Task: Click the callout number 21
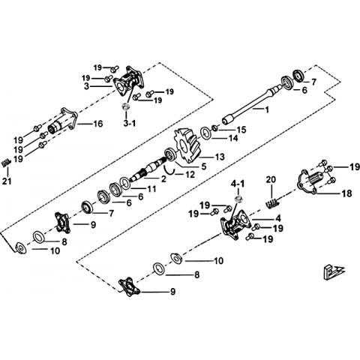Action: click(7, 181)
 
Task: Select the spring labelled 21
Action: click(6, 163)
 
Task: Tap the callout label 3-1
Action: click(130, 123)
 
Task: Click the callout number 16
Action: click(97, 124)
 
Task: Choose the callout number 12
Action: click(190, 174)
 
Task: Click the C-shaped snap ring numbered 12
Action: click(169, 169)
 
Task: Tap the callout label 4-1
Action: click(238, 184)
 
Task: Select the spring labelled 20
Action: click(271, 203)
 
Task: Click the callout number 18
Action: click(347, 193)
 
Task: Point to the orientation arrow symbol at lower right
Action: click(333, 271)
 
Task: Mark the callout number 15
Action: click(241, 130)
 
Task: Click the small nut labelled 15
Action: click(214, 128)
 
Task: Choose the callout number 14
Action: click(233, 138)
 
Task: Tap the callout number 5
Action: click(204, 166)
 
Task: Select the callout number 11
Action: click(151, 189)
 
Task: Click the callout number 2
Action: click(163, 178)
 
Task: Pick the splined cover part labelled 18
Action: click(309, 181)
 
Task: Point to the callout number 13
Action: click(220, 157)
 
